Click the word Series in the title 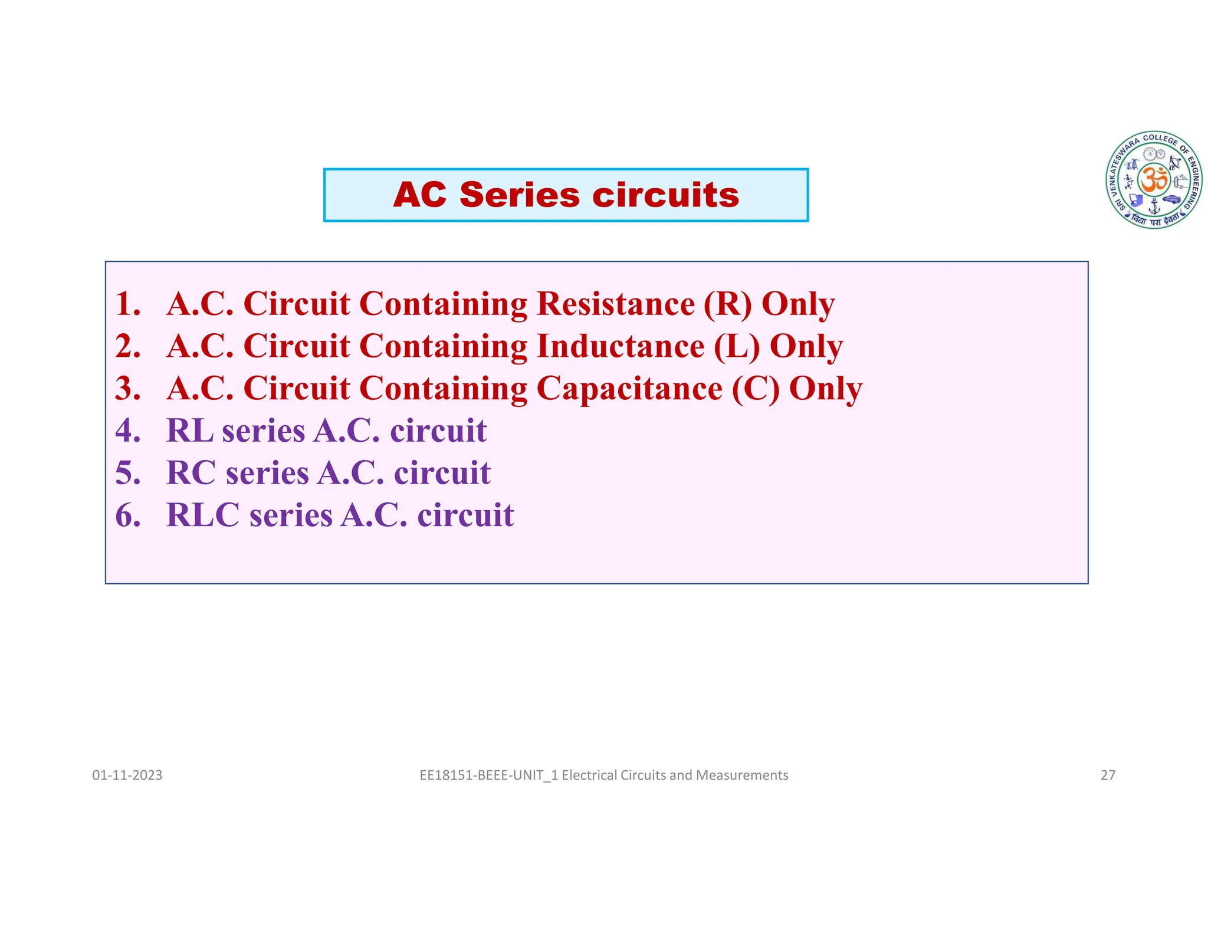519,195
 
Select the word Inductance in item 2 620,346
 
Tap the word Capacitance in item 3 629,389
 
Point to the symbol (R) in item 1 727,304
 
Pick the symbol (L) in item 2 737,347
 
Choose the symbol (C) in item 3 756,389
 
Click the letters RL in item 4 190,431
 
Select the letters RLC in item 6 203,515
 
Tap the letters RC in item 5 192,473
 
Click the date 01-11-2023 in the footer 127,775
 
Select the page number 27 1108,775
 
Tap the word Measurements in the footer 741,775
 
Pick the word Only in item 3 825,389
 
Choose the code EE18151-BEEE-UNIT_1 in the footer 489,775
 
